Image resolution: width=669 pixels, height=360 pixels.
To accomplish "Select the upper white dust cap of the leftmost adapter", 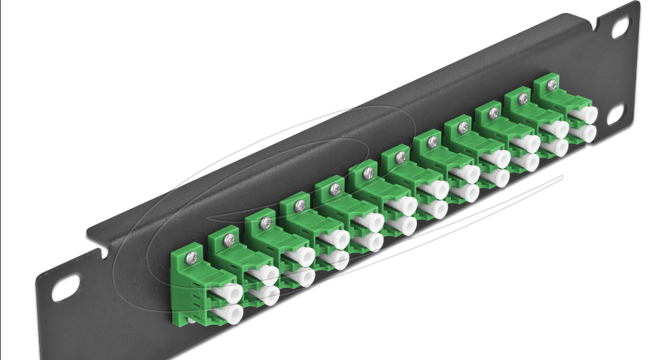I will click(229, 293).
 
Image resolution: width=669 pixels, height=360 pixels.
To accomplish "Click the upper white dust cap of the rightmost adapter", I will click(585, 115).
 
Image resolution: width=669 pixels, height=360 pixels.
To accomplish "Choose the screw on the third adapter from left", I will click(266, 220).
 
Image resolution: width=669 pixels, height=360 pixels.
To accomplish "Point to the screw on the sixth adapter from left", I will click(369, 172).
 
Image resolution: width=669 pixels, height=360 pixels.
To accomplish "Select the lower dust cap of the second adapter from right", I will click(555, 147).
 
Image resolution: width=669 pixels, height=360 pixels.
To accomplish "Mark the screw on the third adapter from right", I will click(494, 112).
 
